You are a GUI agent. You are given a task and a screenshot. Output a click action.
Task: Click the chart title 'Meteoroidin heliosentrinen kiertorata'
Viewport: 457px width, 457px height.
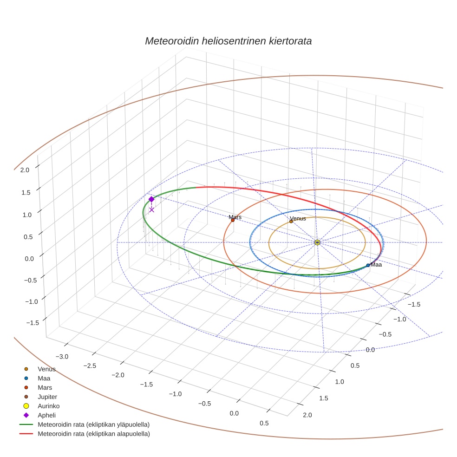coord(228,41)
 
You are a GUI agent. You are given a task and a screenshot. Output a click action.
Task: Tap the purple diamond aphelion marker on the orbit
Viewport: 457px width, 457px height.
coord(151,199)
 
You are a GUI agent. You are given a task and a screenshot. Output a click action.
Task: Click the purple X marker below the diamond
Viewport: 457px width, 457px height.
coord(151,210)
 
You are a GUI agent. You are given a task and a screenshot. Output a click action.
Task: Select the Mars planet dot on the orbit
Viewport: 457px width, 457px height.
coord(233,220)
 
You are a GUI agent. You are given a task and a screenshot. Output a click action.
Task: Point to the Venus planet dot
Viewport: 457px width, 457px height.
coord(291,222)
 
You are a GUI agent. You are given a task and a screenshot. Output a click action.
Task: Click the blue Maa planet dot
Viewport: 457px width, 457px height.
coord(368,265)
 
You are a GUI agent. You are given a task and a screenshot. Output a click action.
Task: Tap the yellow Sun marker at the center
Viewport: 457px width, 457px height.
coord(317,242)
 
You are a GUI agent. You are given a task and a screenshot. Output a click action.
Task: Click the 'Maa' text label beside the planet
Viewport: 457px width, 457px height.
coord(376,265)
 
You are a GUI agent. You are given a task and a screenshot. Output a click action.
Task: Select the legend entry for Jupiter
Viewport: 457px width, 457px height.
coord(47,397)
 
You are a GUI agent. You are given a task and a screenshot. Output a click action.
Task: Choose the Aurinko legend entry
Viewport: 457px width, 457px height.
coord(48,406)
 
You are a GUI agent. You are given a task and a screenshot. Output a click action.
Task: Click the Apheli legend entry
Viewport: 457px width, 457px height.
coord(46,415)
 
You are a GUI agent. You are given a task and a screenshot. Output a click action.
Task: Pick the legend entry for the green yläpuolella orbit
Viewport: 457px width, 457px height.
coord(93,424)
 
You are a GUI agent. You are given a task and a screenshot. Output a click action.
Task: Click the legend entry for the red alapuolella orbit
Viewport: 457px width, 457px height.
coord(93,434)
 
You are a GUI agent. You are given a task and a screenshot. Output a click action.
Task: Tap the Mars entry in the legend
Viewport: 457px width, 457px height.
coord(45,387)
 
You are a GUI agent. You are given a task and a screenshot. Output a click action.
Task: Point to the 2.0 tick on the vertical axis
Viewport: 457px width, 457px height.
coord(25,170)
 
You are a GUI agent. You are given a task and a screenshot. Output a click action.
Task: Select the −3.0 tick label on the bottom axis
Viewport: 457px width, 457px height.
coord(63,356)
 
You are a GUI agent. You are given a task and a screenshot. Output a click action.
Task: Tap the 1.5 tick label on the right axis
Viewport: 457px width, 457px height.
coord(324,398)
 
